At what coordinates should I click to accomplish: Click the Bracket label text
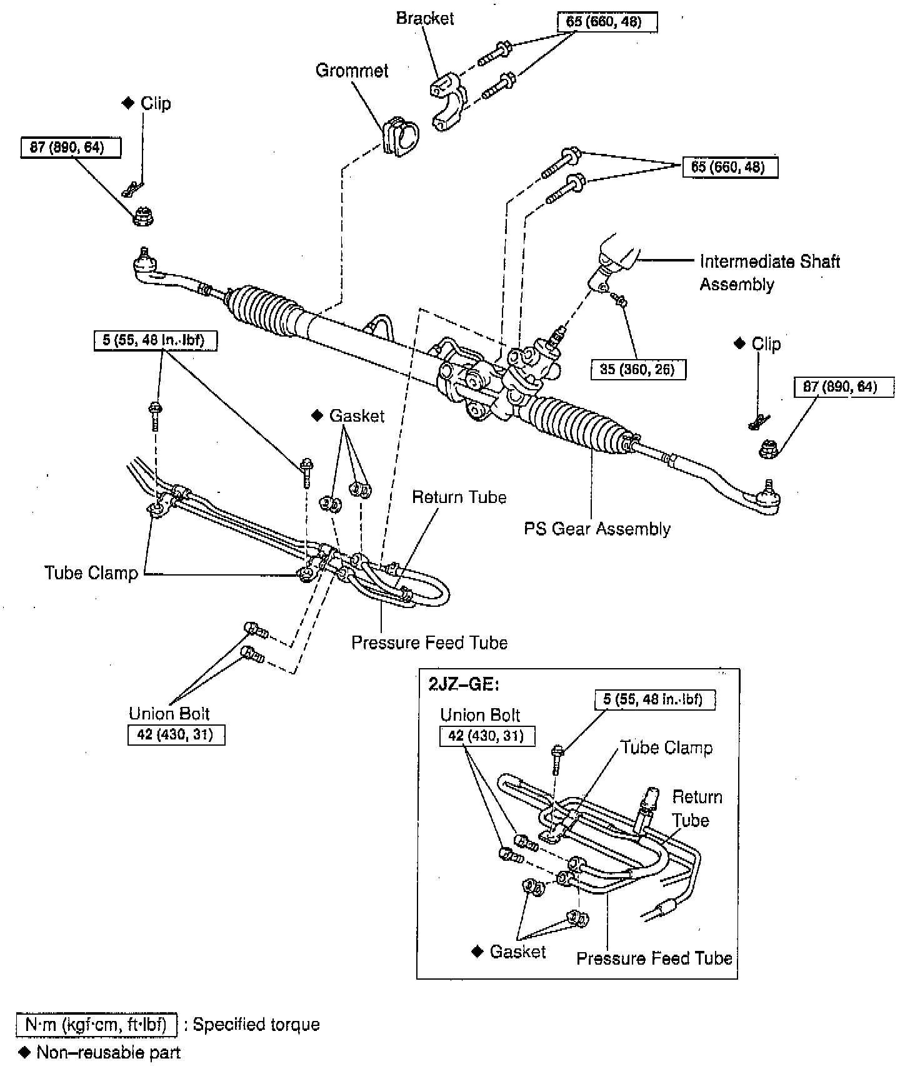click(425, 18)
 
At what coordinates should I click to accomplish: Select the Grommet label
click(352, 70)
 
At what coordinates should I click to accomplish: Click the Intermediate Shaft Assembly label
click(769, 273)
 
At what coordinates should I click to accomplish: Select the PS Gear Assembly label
click(597, 529)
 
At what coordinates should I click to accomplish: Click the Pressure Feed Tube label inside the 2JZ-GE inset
click(654, 958)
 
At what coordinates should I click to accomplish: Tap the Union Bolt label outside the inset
click(169, 714)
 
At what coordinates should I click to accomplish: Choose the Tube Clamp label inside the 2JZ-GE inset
click(666, 748)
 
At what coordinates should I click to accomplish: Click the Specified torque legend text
click(256, 1025)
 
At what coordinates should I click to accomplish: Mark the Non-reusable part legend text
click(108, 1052)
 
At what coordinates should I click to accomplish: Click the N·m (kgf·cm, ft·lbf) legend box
click(96, 1025)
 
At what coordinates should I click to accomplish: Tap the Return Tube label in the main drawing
click(459, 497)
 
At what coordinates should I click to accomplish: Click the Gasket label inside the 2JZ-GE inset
click(517, 952)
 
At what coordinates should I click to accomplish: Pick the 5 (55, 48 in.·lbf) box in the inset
click(652, 700)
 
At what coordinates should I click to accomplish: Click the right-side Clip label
click(766, 344)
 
